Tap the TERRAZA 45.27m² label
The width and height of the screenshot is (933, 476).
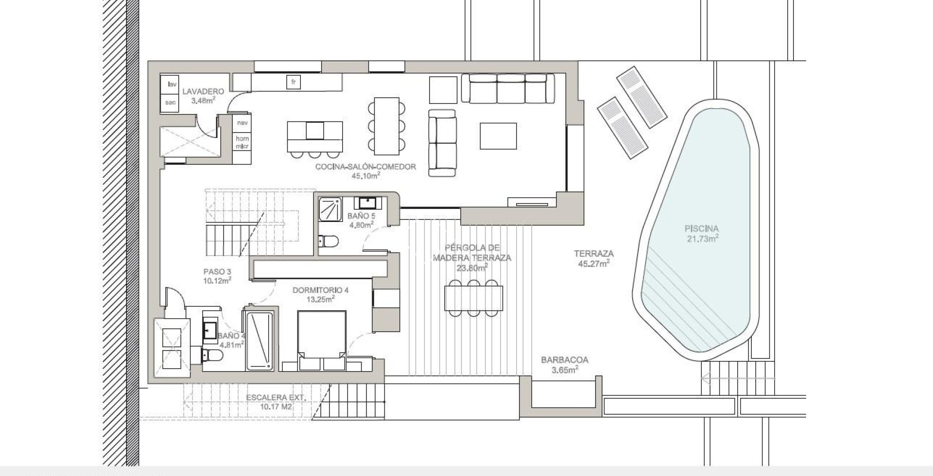pyautogui.click(x=593, y=258)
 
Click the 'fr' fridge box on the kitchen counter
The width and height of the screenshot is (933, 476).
pyautogui.click(x=293, y=82)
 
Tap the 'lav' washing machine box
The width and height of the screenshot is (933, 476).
pyautogui.click(x=170, y=84)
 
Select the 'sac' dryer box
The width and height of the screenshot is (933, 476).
pyautogui.click(x=170, y=102)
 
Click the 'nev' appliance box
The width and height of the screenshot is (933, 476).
pyautogui.click(x=242, y=123)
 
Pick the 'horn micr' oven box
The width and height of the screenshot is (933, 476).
pyautogui.click(x=242, y=142)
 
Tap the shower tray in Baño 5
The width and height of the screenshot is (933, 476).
pyautogui.click(x=330, y=210)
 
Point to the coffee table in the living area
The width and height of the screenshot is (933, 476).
pyautogui.click(x=498, y=136)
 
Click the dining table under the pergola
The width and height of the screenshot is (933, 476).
pyautogui.click(x=474, y=298)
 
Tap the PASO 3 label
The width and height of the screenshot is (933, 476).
pyautogui.click(x=217, y=275)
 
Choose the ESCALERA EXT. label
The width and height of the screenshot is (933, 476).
pyautogui.click(x=276, y=402)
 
